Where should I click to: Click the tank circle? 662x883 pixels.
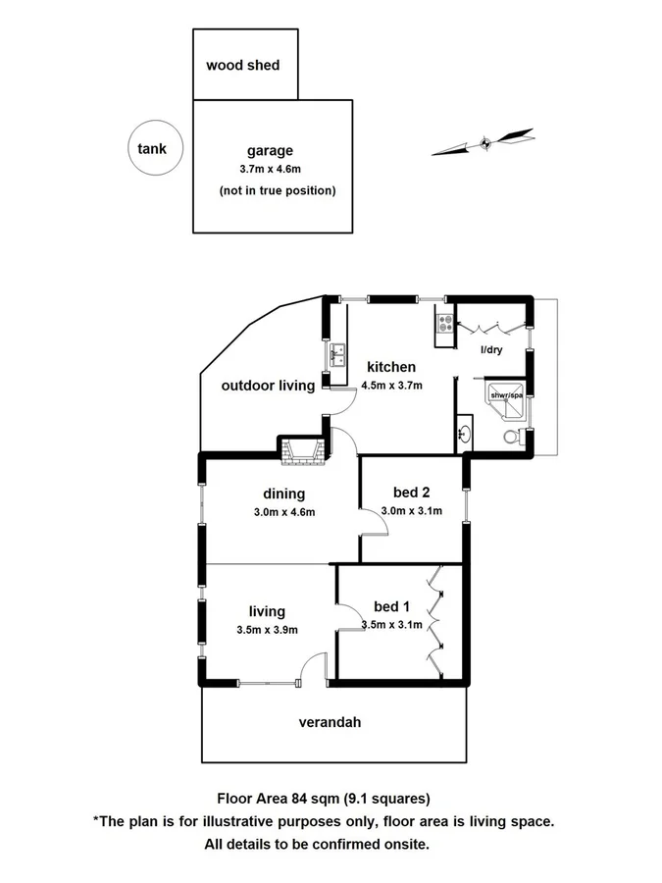151,150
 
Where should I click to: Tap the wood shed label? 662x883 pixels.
242,66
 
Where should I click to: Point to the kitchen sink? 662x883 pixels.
338,353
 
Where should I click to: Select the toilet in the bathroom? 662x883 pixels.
511,437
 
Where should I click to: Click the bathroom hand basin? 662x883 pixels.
465,432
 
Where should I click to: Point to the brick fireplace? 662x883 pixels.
302,450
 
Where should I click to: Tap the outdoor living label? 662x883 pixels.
268,386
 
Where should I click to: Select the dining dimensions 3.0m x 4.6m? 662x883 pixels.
283,511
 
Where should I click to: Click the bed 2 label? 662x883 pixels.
411,493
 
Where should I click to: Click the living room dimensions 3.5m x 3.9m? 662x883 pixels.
267,630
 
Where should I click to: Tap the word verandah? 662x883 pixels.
331,723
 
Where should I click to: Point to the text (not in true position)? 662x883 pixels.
278,190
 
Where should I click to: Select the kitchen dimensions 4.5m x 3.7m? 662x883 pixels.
391,385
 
